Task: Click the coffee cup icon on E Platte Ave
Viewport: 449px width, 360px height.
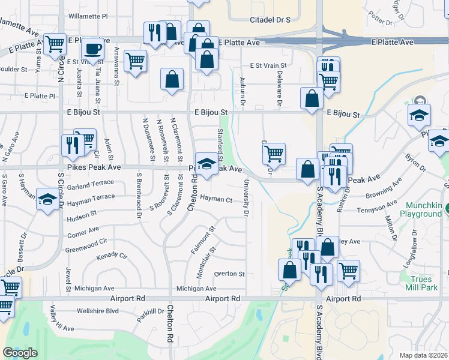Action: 92,49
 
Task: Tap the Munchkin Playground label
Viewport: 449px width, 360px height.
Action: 420,209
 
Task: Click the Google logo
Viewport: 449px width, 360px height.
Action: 20,353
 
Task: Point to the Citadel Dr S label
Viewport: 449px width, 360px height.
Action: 270,20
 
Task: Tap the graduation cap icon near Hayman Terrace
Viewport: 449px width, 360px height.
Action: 47,200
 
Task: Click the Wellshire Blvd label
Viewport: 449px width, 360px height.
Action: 97,311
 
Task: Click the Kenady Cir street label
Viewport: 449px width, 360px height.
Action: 112,256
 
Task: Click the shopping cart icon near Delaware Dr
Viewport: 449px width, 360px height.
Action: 274,153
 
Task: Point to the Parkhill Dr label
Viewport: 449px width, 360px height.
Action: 149,311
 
